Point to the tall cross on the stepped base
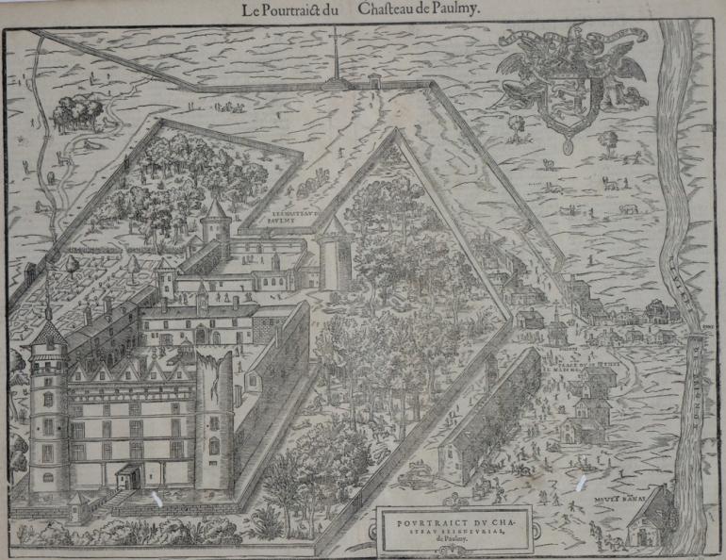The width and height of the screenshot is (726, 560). click(334, 57)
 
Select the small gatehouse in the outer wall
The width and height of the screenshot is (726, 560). click(375, 82)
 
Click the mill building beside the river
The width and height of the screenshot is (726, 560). click(651, 519)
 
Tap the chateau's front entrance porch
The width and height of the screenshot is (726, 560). click(129, 471)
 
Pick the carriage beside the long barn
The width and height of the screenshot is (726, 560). click(412, 478)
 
